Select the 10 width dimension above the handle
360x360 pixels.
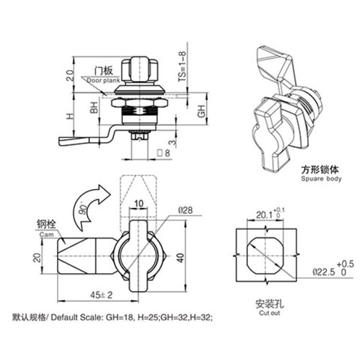click(x=139, y=204)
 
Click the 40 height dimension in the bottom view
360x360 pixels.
click(x=180, y=257)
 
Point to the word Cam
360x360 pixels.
click(x=46, y=235)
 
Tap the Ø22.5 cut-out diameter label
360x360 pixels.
click(x=324, y=272)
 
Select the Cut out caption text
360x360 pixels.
click(x=269, y=313)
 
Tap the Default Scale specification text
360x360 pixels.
click(x=112, y=317)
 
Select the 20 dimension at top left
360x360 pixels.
click(x=70, y=75)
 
